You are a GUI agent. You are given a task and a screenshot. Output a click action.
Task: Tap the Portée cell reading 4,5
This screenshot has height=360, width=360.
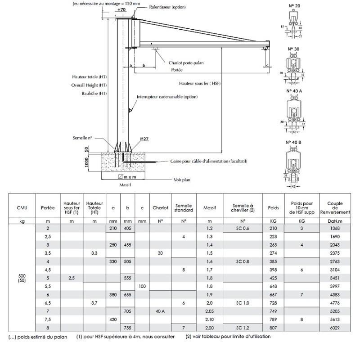tap(48, 270)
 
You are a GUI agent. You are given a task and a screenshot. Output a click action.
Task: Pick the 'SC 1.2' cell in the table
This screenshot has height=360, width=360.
tap(242, 327)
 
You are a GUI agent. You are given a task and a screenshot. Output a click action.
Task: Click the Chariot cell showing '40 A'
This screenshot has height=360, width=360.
tap(160, 311)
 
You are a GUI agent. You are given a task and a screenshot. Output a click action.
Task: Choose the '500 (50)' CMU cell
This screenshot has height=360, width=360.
tap(22, 278)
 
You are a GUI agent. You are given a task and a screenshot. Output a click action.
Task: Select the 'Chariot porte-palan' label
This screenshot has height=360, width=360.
tap(186, 63)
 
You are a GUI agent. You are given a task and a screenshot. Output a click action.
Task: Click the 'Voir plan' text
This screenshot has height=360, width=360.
tap(182, 180)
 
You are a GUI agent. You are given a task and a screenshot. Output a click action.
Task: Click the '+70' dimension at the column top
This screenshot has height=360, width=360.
tap(121, 9)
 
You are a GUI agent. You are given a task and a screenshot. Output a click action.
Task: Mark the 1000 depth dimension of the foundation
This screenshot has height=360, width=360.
tap(86, 162)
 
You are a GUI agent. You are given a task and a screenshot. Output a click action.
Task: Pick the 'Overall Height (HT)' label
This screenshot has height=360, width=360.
tap(89, 85)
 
